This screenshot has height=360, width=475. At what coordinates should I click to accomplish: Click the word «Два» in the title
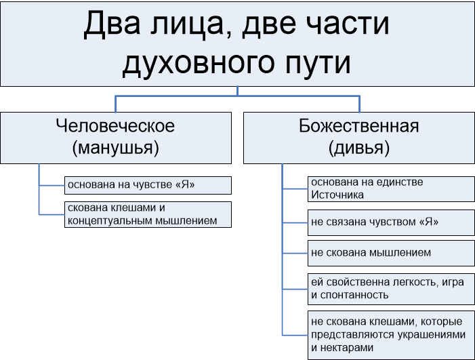[x=112, y=24]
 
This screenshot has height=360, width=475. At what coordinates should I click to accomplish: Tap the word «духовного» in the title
[x=199, y=63]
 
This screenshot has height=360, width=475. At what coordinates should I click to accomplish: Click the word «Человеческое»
[x=115, y=125]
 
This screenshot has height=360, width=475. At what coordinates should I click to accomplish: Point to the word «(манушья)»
[x=115, y=148]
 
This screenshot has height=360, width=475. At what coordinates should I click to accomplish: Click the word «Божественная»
[x=359, y=125]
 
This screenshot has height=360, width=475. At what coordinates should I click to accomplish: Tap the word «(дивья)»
[x=359, y=148]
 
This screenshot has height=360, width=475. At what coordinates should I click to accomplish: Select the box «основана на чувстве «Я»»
[x=148, y=185]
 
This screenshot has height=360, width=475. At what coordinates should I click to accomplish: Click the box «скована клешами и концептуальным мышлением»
[x=148, y=214]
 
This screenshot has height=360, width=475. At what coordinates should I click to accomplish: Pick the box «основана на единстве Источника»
[x=391, y=189]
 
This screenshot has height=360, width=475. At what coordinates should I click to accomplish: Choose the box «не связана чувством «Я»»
[x=391, y=222]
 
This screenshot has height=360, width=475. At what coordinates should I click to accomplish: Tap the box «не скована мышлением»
[x=391, y=253]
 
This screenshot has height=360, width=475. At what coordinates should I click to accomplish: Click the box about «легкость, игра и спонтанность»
[x=391, y=289]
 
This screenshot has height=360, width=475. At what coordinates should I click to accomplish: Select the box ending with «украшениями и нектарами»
[x=391, y=335]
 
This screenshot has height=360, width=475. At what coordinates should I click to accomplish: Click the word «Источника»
[x=337, y=195]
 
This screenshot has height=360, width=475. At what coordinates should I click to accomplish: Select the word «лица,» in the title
[x=186, y=24]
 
